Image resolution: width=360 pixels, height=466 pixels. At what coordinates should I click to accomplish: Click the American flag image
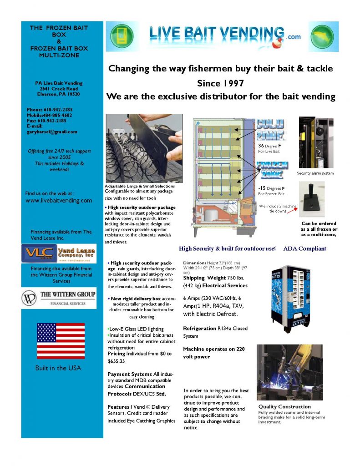pyautogui.click(x=61, y=341)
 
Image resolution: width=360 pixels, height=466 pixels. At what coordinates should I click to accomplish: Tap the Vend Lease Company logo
pyautogui.click(x=58, y=253)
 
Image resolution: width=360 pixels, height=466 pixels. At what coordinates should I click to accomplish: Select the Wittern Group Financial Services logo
pyautogui.click(x=59, y=298)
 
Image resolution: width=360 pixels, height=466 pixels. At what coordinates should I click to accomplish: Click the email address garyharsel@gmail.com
pyautogui.click(x=52, y=132)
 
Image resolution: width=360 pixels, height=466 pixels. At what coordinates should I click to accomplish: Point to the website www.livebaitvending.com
pyautogui.click(x=59, y=200)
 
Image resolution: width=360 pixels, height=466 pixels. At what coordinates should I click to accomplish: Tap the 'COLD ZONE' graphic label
pyautogui.click(x=271, y=129)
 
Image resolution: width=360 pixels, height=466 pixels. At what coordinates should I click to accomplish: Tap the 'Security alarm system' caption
pyautogui.click(x=315, y=173)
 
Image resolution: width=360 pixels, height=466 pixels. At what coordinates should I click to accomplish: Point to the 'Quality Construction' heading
pyautogui.click(x=284, y=406)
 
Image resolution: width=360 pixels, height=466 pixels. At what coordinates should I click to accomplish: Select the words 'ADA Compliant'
pyautogui.click(x=304, y=249)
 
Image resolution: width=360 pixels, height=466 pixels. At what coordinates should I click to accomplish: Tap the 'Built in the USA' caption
pyautogui.click(x=58, y=368)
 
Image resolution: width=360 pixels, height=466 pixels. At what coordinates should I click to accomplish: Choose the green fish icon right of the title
pyautogui.click(x=324, y=36)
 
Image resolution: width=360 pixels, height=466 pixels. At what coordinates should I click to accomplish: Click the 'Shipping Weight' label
pyautogui.click(x=204, y=278)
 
